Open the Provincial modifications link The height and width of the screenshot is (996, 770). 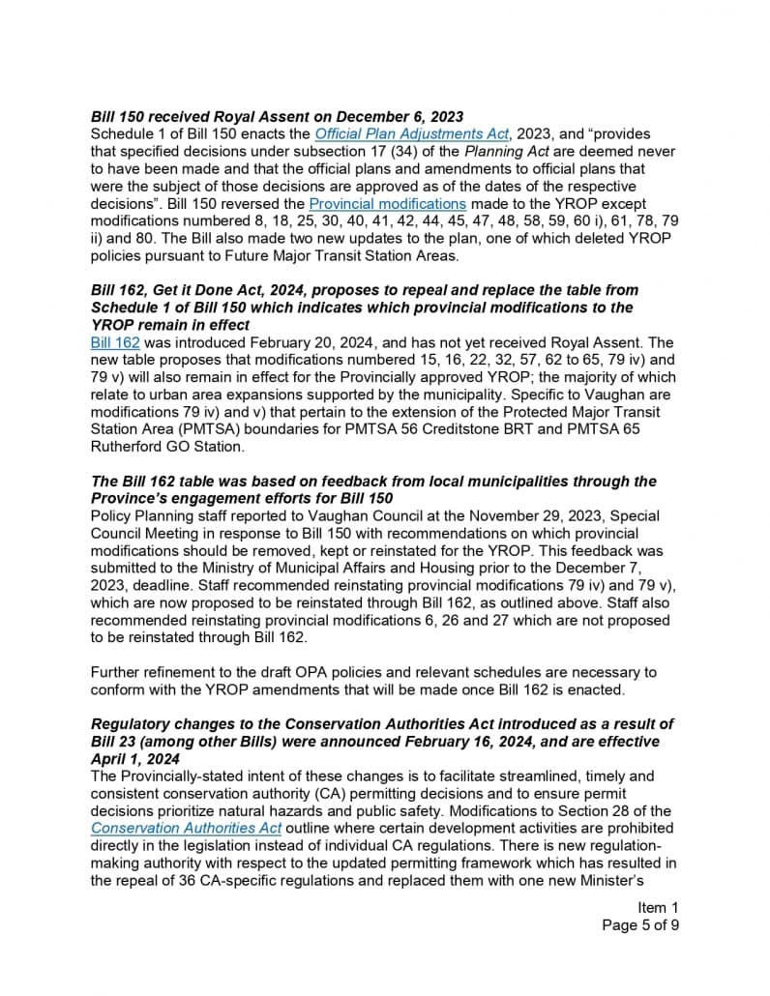387,203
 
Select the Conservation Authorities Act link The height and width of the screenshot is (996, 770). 186,828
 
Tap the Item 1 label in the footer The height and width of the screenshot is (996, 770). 658,907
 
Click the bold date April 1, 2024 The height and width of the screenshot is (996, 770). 133,758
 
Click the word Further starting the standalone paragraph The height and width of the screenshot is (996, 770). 116,671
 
